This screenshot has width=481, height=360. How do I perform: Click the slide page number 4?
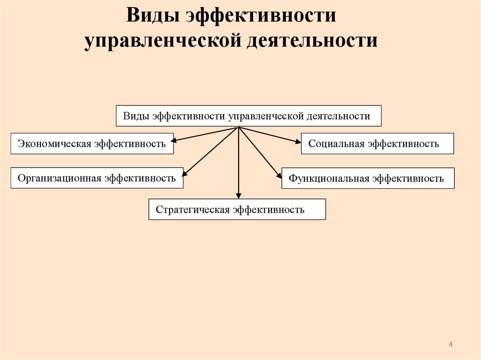point(450,345)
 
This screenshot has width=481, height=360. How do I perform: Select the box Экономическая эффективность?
point(92,144)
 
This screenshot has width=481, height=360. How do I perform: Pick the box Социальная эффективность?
point(377,144)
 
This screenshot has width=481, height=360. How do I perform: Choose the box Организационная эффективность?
point(97,178)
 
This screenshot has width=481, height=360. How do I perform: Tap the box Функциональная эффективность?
point(368,178)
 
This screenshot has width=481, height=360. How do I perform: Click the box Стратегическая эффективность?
point(237,209)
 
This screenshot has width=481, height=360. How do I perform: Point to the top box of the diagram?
point(248,116)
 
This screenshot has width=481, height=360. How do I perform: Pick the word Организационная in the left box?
point(60,178)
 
